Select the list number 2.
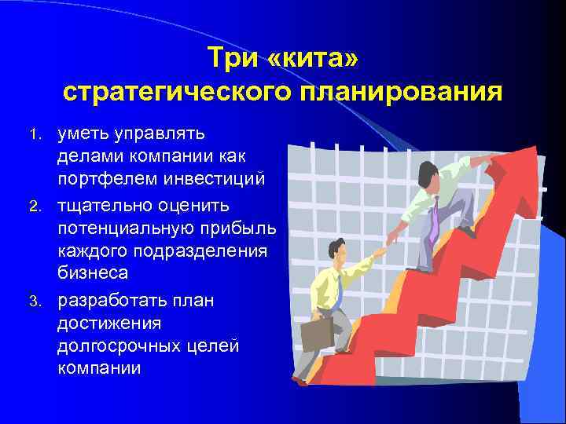42,206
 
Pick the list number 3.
42,302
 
